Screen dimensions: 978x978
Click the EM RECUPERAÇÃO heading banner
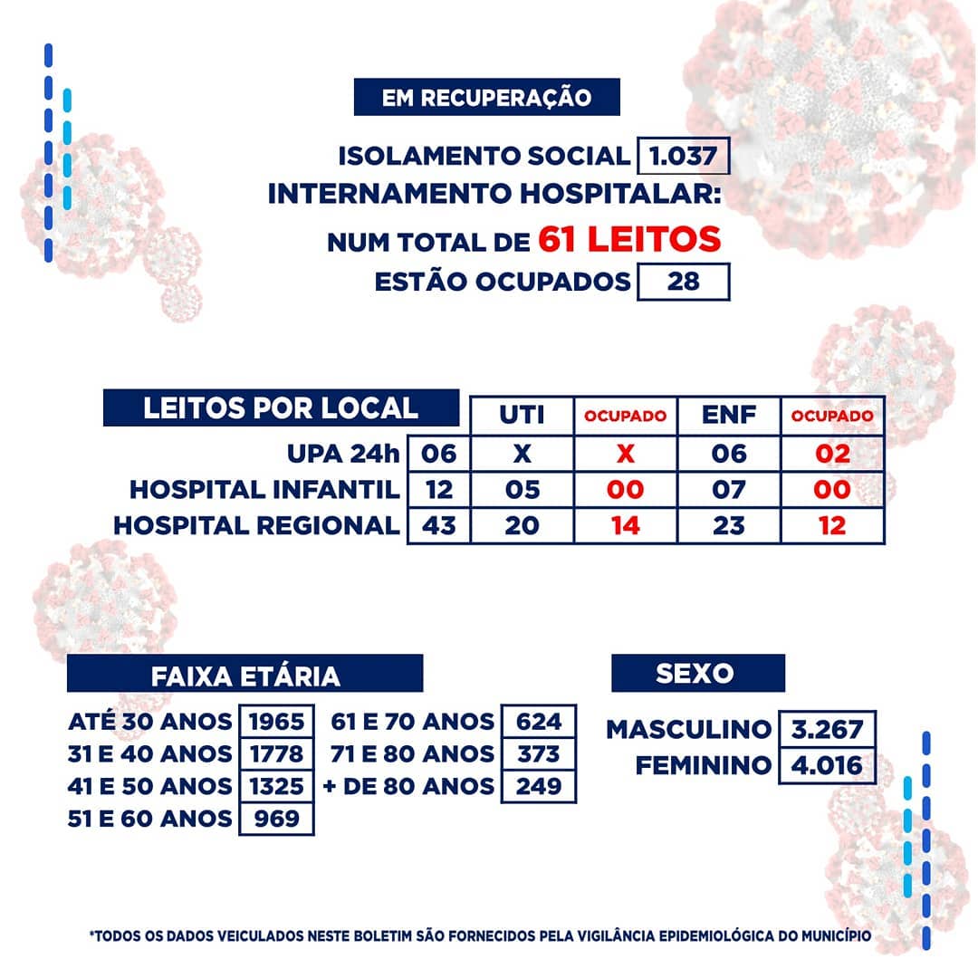[486, 97]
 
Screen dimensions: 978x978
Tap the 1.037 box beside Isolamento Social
[684, 156]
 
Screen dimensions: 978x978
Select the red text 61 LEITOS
[629, 240]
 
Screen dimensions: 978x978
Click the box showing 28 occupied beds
[683, 282]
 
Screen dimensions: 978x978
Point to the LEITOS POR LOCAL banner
[281, 407]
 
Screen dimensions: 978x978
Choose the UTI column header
[522, 416]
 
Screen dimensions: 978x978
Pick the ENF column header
[728, 416]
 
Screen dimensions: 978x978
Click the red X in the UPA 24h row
[625, 453]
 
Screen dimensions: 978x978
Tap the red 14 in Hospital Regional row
[625, 525]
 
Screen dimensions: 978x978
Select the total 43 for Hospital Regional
[439, 525]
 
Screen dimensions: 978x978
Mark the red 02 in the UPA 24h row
[832, 453]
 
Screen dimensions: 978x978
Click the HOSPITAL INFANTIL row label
[264, 490]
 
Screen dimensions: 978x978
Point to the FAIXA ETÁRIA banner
[244, 675]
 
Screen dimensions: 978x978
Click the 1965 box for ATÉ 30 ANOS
[276, 722]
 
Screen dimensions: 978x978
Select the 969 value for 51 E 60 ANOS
[276, 819]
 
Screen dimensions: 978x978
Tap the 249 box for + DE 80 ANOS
[539, 786]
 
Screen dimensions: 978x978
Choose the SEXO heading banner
[697, 673]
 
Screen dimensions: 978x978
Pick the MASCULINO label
[688, 728]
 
